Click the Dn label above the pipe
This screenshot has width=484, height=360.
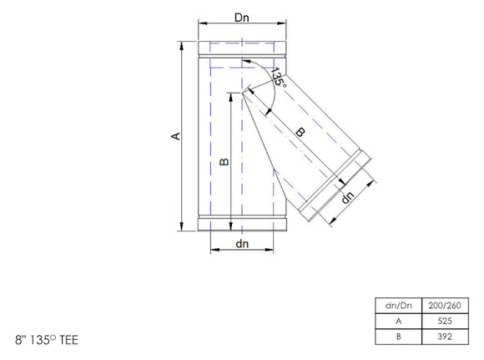pos(243,16)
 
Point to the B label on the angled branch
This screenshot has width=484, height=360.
pos(300,131)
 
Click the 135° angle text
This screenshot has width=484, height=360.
pos(279,79)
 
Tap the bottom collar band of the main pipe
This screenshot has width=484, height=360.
pos(243,222)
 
